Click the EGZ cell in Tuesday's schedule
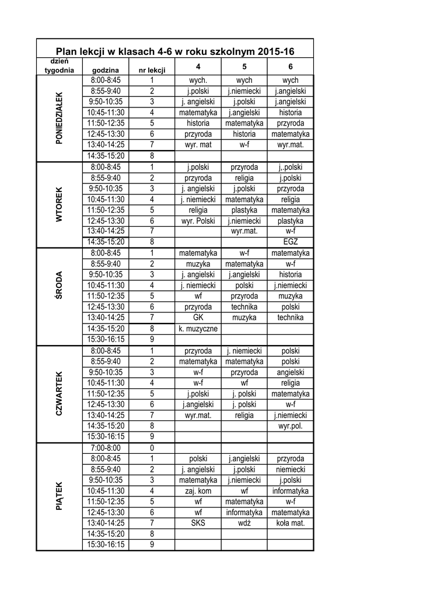tap(291, 242)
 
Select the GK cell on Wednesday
tap(198, 318)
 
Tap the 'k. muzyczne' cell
tap(198, 329)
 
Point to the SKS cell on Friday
tap(198, 523)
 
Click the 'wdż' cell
tap(244, 523)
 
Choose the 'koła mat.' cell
tap(291, 523)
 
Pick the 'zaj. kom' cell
tap(198, 491)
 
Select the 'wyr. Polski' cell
tap(198, 221)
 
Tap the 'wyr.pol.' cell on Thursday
tap(291, 426)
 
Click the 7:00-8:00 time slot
tap(106, 448)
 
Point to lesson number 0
tap(152, 448)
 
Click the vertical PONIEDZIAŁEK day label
tap(59, 118)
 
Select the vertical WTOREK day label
tap(59, 204)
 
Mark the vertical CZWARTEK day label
tap(59, 394)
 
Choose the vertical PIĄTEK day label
tap(59, 496)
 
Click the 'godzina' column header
tap(106, 70)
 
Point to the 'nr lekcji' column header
tap(152, 70)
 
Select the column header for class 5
tap(244, 67)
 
